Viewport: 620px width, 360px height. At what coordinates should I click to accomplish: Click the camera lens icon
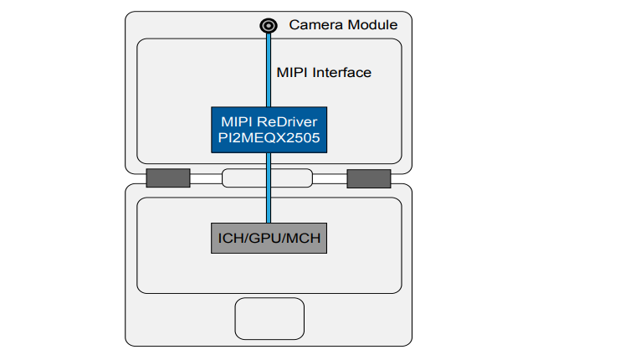pyautogui.click(x=269, y=25)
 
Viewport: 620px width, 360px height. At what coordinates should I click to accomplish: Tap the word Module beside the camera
pyautogui.click(x=371, y=25)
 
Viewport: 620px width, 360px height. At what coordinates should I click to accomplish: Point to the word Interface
pyautogui.click(x=342, y=73)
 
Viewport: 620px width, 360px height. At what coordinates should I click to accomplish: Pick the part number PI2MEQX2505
pyautogui.click(x=269, y=138)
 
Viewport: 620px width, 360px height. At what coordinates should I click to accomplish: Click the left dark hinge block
pyautogui.click(x=167, y=177)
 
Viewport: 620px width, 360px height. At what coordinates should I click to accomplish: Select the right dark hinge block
pyautogui.click(x=369, y=177)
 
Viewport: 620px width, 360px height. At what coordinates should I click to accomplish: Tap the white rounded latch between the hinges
pyautogui.click(x=268, y=177)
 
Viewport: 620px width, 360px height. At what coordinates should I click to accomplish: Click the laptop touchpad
pyautogui.click(x=269, y=317)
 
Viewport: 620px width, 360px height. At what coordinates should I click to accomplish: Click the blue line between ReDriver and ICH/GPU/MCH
pyautogui.click(x=269, y=188)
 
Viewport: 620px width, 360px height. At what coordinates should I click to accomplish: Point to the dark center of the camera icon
pyautogui.click(x=269, y=25)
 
